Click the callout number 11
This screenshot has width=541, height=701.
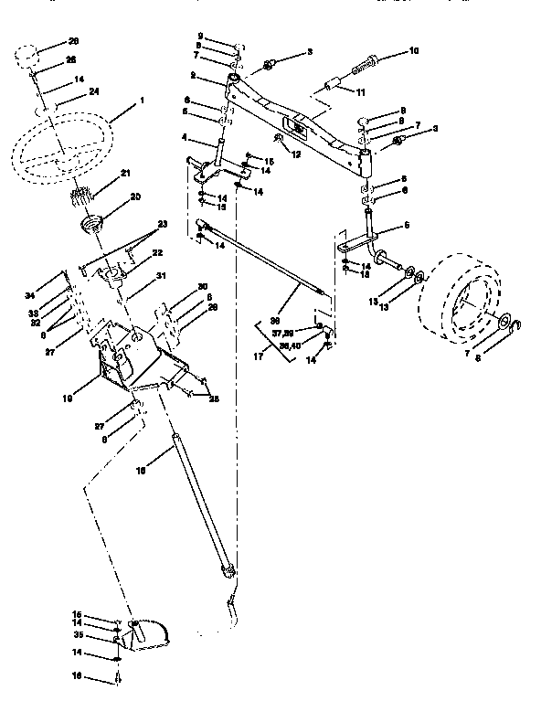coord(359,91)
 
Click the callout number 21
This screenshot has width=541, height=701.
coord(125,173)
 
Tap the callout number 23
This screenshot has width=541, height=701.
coord(164,224)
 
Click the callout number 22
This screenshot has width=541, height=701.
coord(157,252)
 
